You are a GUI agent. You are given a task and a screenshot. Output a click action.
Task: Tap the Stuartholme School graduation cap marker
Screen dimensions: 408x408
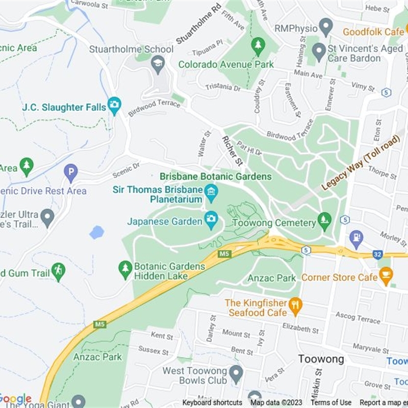tap(158, 64)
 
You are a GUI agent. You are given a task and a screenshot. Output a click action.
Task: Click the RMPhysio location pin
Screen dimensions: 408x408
tap(325, 27)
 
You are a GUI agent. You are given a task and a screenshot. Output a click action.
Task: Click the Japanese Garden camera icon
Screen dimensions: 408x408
tap(211, 221)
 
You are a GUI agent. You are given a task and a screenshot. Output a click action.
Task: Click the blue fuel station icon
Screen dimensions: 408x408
tap(356, 237)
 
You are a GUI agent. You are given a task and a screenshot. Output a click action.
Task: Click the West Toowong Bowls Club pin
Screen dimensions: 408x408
tap(236, 375)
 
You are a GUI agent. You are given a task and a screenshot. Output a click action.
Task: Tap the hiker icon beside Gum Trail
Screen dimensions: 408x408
tap(59, 272)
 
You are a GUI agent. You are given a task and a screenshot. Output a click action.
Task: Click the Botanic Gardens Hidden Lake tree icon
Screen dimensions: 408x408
tap(125, 270)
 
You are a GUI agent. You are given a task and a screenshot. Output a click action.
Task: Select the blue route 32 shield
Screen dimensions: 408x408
tap(377, 254)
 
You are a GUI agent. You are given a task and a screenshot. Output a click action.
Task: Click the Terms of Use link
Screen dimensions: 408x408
tap(331, 402)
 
